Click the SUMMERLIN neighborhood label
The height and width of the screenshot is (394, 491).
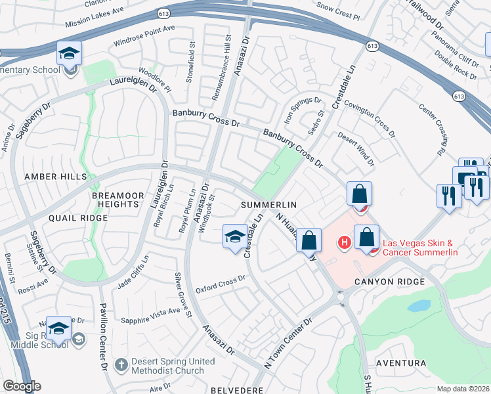click(265, 205)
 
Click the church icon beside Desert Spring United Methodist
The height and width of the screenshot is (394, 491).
click(120, 364)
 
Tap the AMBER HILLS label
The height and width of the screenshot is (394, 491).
click(55, 177)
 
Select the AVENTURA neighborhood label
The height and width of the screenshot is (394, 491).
click(400, 363)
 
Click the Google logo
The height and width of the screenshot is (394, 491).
click(22, 386)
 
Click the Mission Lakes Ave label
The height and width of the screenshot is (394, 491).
click(95, 20)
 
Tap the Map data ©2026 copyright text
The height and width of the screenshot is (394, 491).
click(462, 389)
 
